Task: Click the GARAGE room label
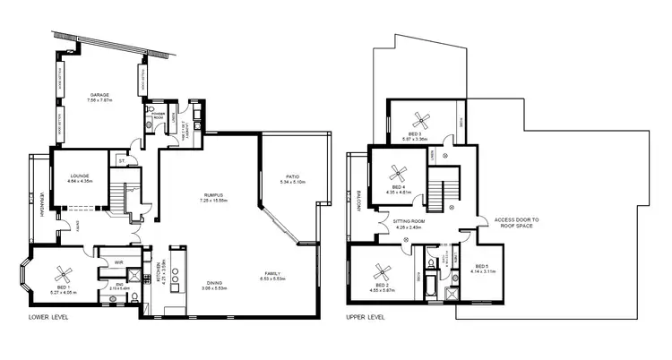pos(99,94)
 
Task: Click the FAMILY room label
pos(274,272)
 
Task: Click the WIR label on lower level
pos(119,262)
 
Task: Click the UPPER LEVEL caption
pos(366,316)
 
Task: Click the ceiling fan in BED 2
pos(383,269)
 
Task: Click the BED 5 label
pos(481,266)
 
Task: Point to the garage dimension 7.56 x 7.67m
pos(99,100)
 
